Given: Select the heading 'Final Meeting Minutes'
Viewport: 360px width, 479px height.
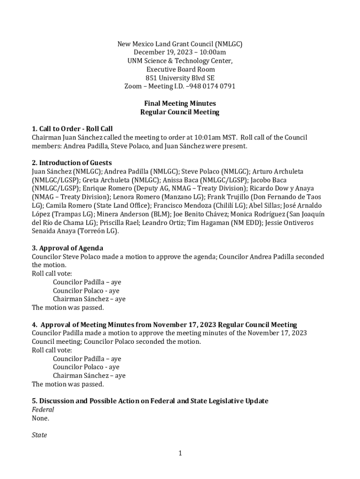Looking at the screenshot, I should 180,103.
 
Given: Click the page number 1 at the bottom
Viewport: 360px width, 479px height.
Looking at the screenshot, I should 180,453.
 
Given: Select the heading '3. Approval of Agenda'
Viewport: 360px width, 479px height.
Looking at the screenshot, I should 67,248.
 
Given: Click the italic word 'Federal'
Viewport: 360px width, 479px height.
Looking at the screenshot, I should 43,409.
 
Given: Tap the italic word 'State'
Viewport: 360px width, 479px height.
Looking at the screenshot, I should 39,435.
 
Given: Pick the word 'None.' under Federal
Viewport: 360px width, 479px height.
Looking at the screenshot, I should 40,418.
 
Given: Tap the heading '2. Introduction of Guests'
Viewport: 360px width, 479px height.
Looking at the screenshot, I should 72,163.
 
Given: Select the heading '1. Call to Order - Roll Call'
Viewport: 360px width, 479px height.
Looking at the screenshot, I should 72,129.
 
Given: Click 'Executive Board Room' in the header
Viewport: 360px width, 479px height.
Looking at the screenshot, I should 180,70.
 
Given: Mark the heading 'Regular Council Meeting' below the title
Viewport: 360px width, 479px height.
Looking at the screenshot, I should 180,112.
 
